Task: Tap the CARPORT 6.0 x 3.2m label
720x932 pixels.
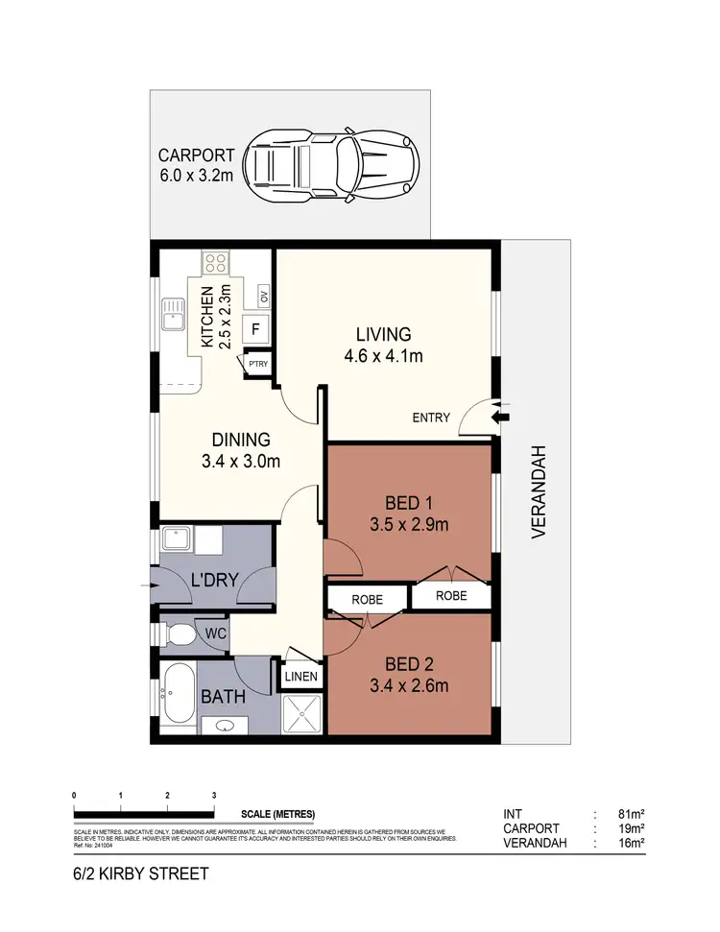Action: click(196, 165)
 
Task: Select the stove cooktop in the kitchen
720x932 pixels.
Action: click(214, 262)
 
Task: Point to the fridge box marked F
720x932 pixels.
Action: click(255, 328)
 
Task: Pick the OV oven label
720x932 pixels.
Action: click(262, 295)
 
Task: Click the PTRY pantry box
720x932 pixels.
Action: click(258, 365)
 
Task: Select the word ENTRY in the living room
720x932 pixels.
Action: click(431, 418)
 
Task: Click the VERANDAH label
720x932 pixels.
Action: click(539, 490)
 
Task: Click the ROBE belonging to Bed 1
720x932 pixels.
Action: click(451, 596)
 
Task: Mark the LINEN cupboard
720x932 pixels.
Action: click(300, 677)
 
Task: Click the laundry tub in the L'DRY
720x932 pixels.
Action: click(177, 539)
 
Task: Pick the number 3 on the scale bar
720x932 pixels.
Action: click(214, 796)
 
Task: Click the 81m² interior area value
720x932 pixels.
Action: click(632, 814)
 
